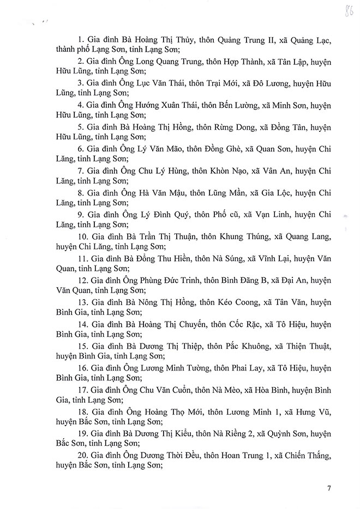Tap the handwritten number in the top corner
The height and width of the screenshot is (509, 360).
tap(345, 12)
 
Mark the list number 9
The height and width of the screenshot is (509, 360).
tap(80, 214)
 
